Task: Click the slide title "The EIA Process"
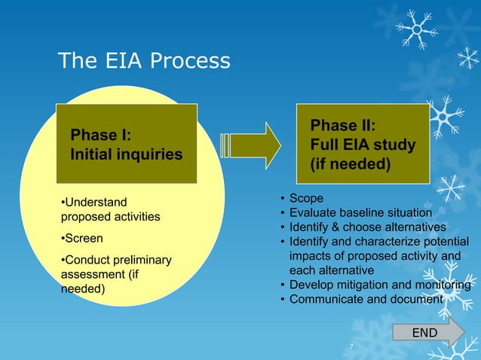[144, 60]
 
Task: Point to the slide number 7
[351, 346]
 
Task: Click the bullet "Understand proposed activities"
[110, 209]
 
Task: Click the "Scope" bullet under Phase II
[305, 198]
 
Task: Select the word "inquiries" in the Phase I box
[149, 154]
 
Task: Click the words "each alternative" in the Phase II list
[331, 270]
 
